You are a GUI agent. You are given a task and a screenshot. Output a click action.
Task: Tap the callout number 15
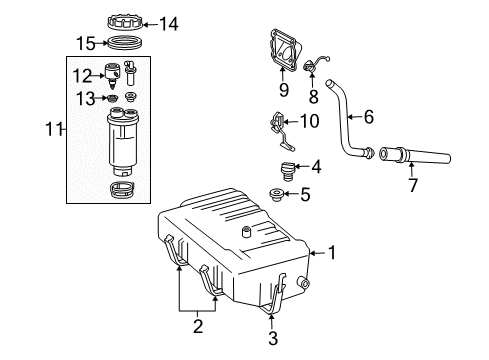click(x=88, y=43)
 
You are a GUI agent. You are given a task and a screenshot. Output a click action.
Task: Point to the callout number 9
click(x=284, y=89)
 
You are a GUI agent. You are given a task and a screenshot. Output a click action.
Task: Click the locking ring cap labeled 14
click(x=124, y=20)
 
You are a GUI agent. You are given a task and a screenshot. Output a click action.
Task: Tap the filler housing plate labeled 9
click(x=286, y=50)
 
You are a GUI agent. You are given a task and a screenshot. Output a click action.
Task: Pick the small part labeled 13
click(x=112, y=97)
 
